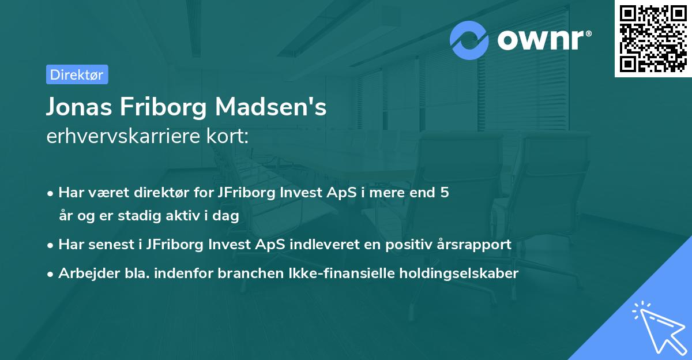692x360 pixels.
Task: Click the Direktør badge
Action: (x=77, y=74)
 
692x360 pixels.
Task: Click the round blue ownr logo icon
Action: (x=469, y=40)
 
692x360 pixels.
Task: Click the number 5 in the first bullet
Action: (x=444, y=193)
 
